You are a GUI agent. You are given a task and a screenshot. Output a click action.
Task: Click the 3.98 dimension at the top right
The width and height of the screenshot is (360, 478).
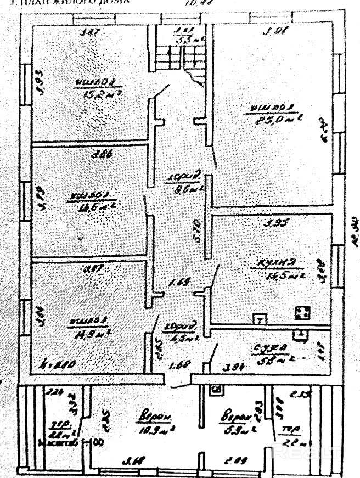pos(273,31)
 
